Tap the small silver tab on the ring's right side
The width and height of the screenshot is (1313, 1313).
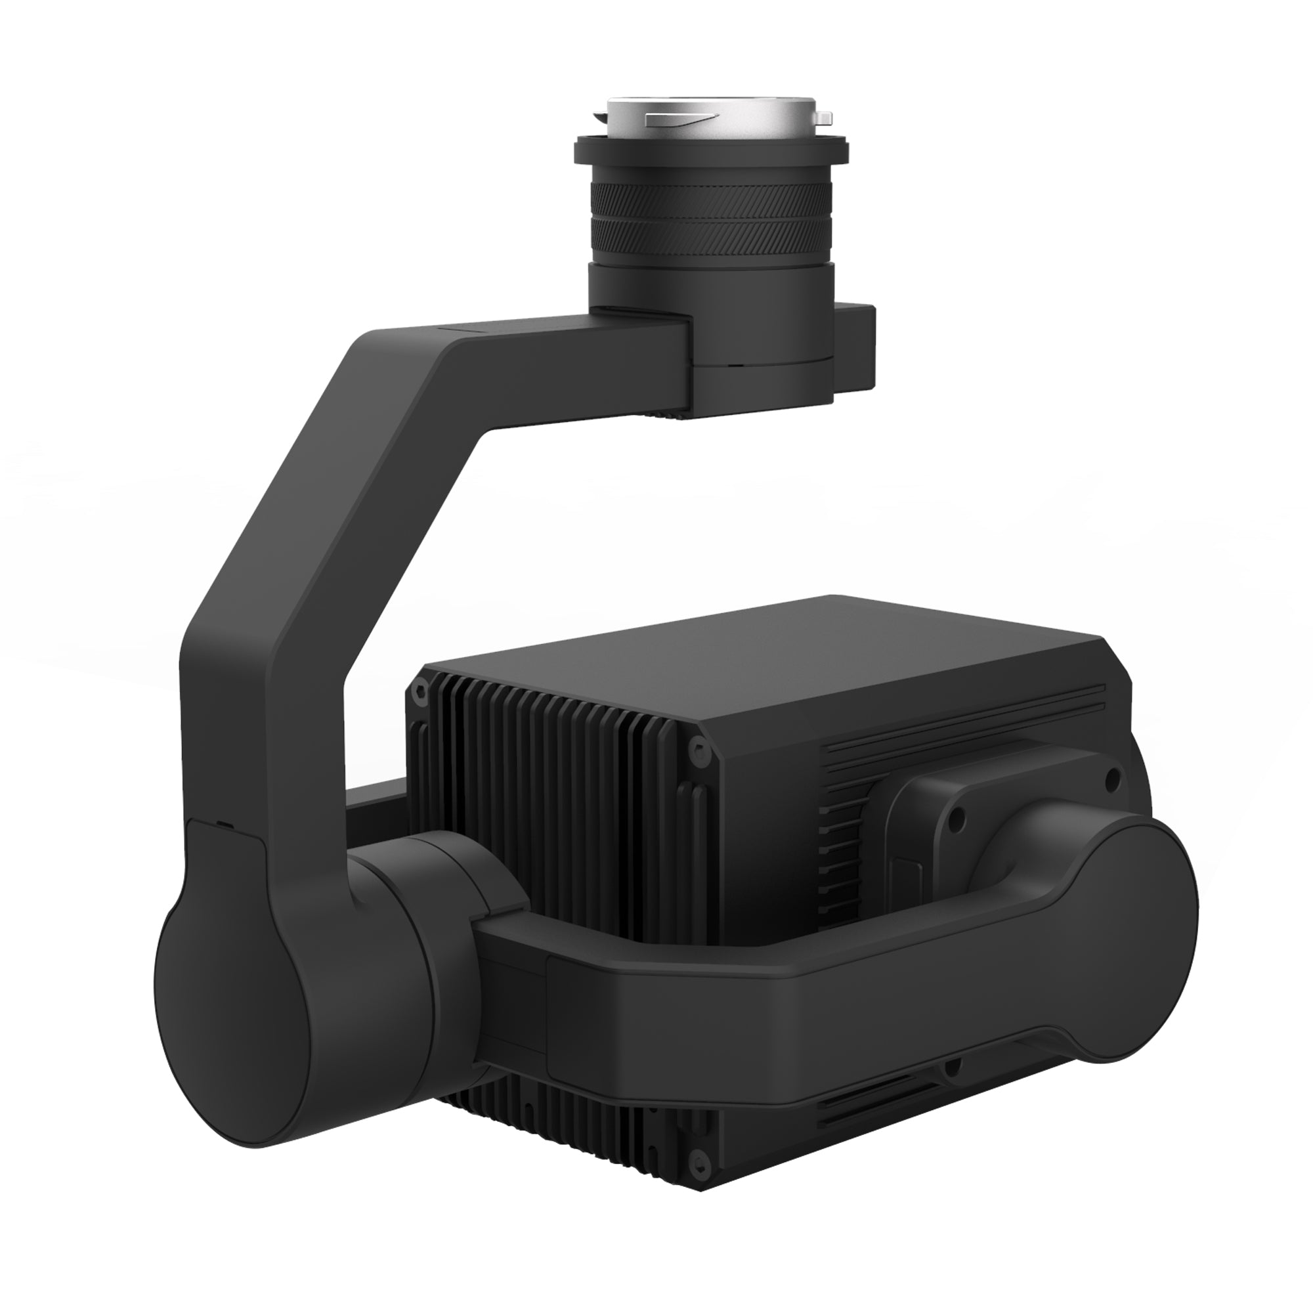point(824,118)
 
